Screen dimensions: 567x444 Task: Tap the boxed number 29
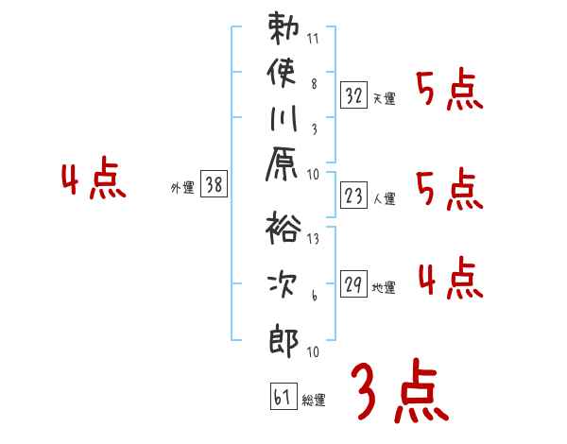354,283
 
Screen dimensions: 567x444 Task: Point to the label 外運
181,187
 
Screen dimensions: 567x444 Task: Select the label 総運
313,401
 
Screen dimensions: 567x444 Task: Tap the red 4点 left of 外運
94,180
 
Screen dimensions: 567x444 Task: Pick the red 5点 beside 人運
449,191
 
